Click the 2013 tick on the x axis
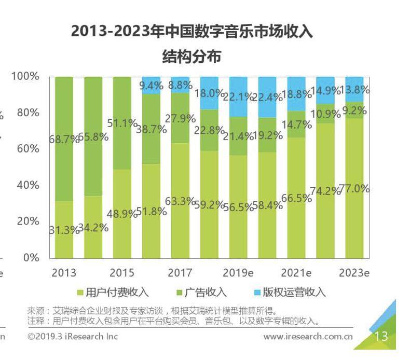pos(64,273)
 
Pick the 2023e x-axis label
pos(353,273)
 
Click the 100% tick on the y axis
pos(26,76)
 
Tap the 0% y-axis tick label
pos(32,257)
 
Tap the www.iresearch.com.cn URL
pos(308,337)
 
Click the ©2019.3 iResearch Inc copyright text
pos(73,337)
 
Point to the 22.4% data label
pos(268,96)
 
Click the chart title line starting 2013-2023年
pos(192,33)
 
